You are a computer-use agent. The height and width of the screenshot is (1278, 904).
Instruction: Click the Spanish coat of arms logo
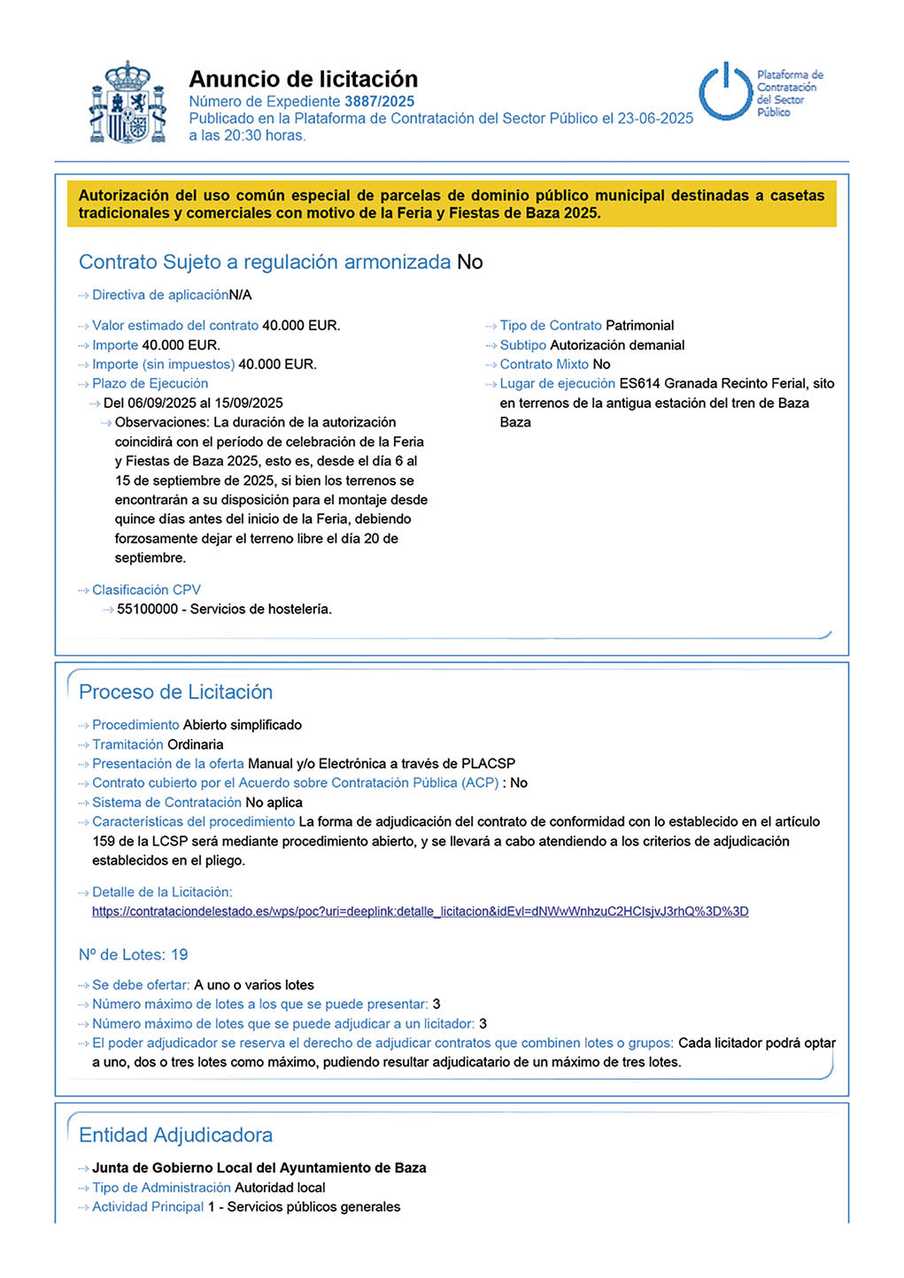pos(128,103)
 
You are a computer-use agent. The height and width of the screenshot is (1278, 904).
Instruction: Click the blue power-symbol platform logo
pos(726,92)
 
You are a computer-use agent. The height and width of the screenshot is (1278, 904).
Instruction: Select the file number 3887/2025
pos(379,102)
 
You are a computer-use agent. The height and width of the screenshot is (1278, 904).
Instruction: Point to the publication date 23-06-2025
pos(655,119)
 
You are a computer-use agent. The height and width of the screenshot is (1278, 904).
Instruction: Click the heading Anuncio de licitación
pos(303,79)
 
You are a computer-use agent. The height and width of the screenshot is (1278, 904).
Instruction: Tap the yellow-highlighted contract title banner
pos(452,204)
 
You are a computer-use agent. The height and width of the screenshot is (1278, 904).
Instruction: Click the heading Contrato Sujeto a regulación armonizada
pos(265,262)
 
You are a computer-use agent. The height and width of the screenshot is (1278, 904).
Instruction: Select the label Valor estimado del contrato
pos(175,326)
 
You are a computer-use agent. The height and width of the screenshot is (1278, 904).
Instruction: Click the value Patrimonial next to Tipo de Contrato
pos(639,326)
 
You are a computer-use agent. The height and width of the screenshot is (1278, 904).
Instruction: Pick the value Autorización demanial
pos(617,345)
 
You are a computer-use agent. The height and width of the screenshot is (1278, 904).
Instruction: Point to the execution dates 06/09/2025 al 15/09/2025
pos(193,403)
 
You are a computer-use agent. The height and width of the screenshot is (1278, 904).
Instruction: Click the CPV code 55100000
pos(147,609)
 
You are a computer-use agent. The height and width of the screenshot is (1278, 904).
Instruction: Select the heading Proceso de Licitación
pos(175,692)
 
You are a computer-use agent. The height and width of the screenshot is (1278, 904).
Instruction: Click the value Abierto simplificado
pos(243,725)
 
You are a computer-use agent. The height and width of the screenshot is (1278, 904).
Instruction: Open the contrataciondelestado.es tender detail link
pos(420,912)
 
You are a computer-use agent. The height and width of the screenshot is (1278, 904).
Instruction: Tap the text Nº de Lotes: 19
pos(133,955)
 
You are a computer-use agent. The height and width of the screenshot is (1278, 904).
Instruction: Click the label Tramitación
pos(127,744)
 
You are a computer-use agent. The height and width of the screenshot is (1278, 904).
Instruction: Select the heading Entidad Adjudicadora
pos(175,1136)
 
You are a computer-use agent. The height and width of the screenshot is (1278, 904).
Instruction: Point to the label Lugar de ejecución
pos(557,383)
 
